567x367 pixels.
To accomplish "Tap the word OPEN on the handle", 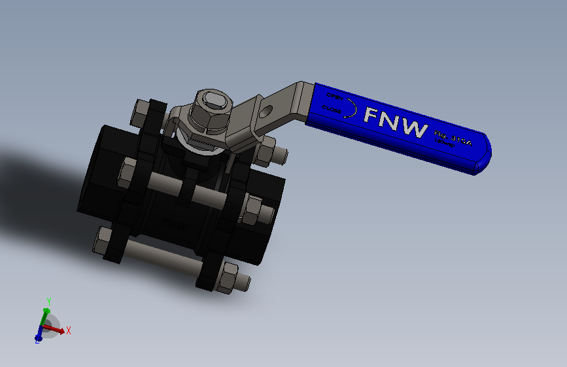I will [334, 97].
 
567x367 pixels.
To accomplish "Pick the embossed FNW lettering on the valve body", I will [175, 223].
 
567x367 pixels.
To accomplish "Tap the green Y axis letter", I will [48, 301].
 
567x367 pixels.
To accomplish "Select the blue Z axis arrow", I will [39, 336].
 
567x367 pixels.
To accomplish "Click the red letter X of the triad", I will [68, 330].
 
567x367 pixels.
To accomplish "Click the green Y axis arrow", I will [45, 316].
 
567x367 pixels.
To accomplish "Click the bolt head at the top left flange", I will [141, 113].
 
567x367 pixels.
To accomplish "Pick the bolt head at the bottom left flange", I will [103, 241].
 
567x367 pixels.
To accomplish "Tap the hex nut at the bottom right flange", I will [230, 278].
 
